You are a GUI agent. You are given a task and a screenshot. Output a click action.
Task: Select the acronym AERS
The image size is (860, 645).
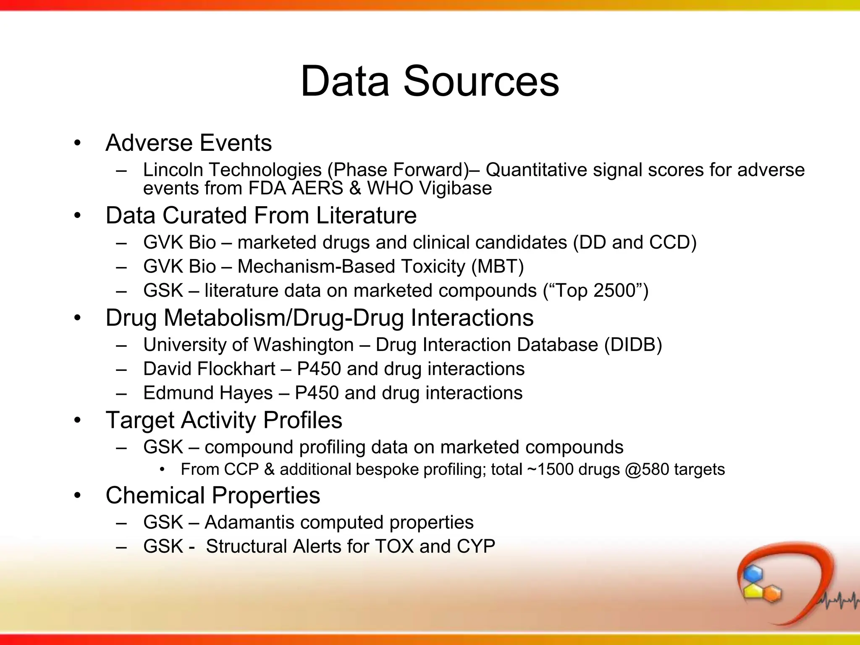point(317,188)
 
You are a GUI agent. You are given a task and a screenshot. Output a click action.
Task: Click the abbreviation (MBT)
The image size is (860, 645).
point(498,267)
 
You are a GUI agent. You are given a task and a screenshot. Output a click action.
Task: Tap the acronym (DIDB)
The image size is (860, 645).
point(633,345)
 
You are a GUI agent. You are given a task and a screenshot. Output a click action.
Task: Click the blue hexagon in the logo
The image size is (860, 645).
point(752,574)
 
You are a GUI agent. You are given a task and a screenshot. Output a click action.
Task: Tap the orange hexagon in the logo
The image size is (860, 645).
point(771,593)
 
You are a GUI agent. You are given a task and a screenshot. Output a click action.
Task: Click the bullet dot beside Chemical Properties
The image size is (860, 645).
point(77,496)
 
